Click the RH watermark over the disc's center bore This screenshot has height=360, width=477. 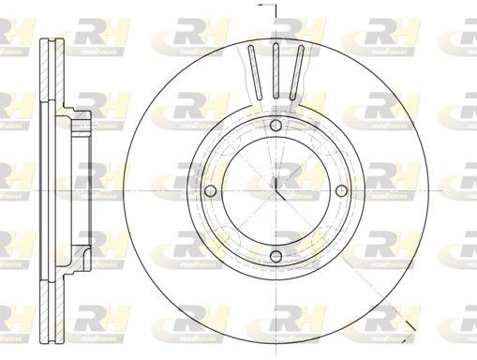284,175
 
